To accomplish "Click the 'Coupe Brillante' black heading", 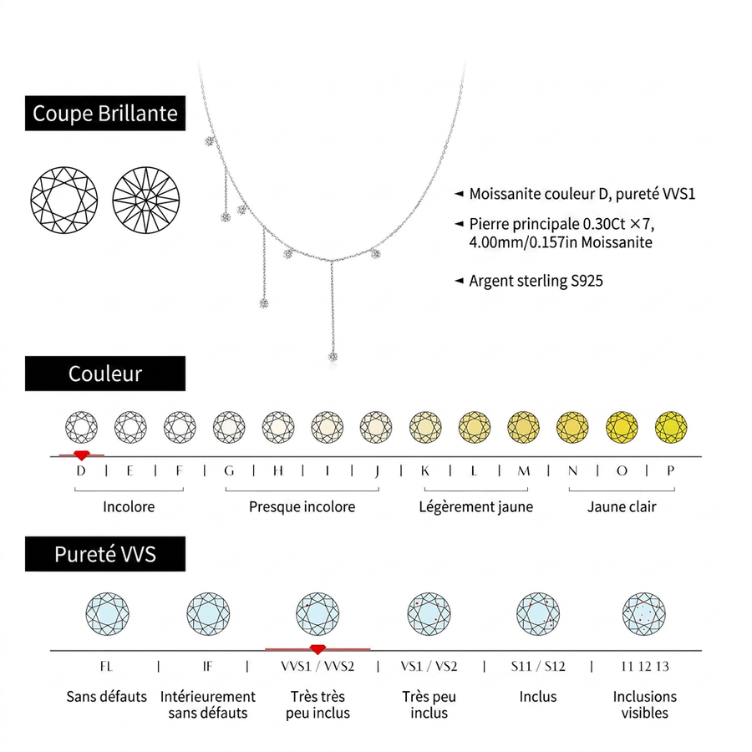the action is [x=105, y=113].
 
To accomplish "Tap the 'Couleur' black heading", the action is [x=105, y=373].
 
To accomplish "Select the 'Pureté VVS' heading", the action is [x=105, y=554].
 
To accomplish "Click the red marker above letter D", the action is [x=82, y=455].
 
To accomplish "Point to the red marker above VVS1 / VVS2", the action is [x=318, y=649].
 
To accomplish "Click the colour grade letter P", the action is [x=670, y=471].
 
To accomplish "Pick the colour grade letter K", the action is [x=425, y=471].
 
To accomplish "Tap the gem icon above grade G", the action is [x=229, y=427].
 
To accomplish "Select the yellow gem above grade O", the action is [x=622, y=427].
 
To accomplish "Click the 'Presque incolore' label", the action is [x=302, y=507].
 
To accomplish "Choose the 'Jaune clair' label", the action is [x=622, y=507].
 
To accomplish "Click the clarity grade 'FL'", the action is [x=106, y=666].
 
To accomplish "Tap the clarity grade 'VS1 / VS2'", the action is [x=429, y=666].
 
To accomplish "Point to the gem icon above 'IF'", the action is [x=208, y=614].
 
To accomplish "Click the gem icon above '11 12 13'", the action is [x=644, y=614].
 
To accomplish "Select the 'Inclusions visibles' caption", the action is [x=644, y=704].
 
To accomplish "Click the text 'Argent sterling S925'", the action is [x=536, y=281].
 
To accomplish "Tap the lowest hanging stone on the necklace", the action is [x=333, y=357].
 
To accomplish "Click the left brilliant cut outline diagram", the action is [x=64, y=200].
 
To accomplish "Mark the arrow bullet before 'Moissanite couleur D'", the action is [x=459, y=194].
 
